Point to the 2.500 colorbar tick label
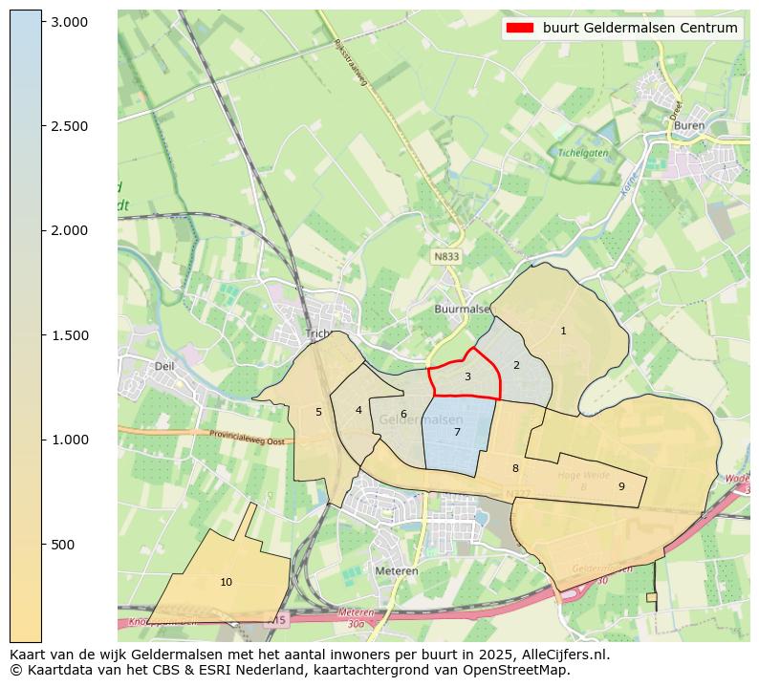(x=69, y=126)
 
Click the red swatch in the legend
(x=520, y=28)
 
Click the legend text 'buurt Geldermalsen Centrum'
(x=640, y=28)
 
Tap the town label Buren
(x=688, y=125)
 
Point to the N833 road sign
(x=446, y=257)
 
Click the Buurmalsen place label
(x=462, y=310)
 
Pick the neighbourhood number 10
(x=226, y=582)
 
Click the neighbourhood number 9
(x=621, y=486)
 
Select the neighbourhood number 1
(x=563, y=331)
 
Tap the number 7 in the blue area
(x=457, y=432)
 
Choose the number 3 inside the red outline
(x=467, y=376)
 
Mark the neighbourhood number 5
(x=318, y=412)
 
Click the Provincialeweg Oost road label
(x=248, y=437)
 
